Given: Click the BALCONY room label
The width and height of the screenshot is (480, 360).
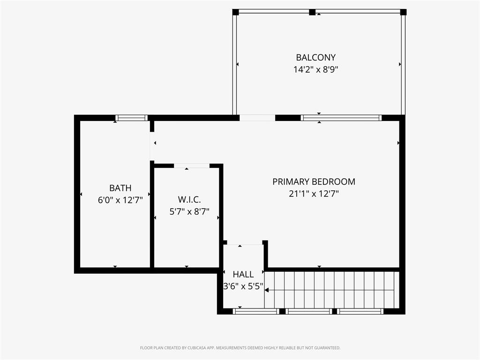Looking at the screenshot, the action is [315, 58].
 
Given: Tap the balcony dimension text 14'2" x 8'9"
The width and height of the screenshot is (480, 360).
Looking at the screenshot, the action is [315, 69].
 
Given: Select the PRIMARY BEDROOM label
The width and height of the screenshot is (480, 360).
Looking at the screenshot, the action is [314, 181].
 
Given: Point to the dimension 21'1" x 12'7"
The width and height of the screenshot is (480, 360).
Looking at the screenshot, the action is [314, 194].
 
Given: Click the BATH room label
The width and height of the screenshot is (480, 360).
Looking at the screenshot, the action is [120, 188].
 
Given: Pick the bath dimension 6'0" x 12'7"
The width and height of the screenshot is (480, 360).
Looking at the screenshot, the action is [120, 200].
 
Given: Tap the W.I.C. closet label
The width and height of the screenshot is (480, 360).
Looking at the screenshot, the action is [189, 200].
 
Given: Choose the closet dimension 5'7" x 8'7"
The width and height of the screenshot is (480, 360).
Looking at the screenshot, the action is [189, 211].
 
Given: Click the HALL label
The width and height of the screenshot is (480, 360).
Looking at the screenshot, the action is [243, 274].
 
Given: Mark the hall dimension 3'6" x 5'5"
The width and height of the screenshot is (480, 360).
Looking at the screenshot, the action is [243, 286].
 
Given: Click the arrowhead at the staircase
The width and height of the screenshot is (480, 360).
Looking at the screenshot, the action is [267, 290].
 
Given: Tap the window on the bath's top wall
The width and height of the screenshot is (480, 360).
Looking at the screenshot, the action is [132, 118].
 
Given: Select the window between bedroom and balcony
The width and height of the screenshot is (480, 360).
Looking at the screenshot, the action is [341, 118].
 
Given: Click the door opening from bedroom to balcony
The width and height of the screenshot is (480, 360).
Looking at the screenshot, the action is [257, 118].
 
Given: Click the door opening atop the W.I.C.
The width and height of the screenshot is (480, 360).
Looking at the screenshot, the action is [192, 166].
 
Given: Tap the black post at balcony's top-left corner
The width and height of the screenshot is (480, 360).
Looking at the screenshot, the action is [235, 12].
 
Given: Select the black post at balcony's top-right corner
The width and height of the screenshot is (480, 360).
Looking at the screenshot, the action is [404, 12].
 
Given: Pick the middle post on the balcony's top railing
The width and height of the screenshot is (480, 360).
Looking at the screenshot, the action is [312, 12].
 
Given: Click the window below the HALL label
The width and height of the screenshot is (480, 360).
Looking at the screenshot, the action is [256, 311].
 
